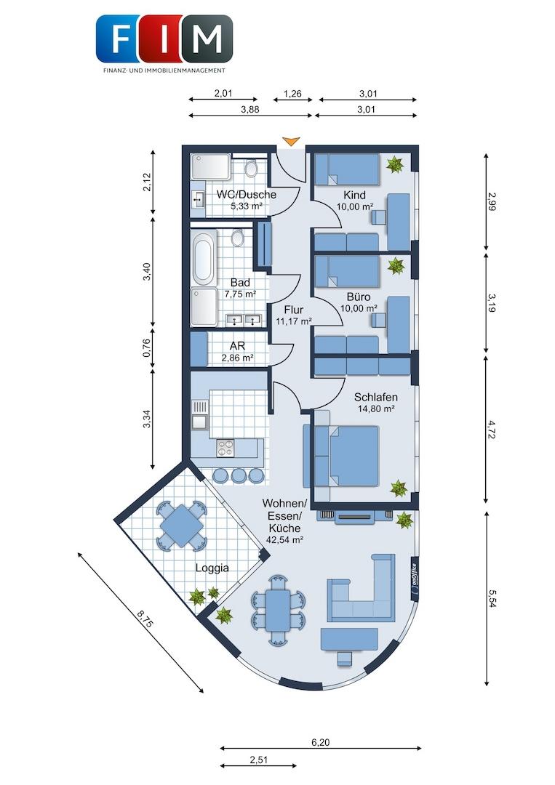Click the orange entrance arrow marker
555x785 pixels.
(290, 141)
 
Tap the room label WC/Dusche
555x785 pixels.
(246, 194)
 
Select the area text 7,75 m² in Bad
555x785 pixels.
(241, 294)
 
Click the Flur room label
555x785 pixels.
(294, 310)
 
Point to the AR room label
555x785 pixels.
(237, 346)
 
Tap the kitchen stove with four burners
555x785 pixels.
(225, 447)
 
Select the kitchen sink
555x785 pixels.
(199, 414)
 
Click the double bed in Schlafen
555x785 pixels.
(346, 456)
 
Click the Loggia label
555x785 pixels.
(212, 568)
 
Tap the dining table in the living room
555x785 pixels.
(278, 610)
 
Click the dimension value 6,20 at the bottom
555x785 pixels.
(321, 742)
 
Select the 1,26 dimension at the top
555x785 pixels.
(292, 93)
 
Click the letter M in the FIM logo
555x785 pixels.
(207, 39)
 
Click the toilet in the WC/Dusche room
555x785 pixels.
(251, 168)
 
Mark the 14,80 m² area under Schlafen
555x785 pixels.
(375, 408)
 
